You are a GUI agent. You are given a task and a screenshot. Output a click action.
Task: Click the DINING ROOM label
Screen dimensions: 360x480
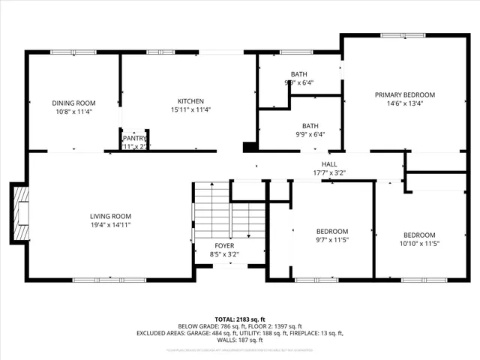click(73, 103)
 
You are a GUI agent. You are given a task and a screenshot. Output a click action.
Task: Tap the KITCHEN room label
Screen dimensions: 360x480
click(190, 101)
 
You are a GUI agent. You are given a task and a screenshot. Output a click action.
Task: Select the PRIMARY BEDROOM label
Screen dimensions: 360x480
click(404, 94)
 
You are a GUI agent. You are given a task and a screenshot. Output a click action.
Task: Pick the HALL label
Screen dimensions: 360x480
click(329, 164)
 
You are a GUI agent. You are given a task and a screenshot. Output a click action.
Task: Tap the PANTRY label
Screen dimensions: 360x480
click(135, 138)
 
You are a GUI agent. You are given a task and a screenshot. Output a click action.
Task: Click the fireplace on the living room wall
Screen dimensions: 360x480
click(20, 214)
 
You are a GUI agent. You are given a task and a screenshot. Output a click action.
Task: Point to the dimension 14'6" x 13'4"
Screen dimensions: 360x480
click(404, 103)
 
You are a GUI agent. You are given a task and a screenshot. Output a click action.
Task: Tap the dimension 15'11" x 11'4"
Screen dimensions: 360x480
click(190, 109)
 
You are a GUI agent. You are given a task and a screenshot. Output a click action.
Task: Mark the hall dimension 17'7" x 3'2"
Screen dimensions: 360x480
click(329, 173)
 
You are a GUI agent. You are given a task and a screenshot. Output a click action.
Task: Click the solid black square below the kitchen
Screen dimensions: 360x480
click(249, 147)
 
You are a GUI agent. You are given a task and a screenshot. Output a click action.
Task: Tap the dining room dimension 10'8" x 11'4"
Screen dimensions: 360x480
click(73, 112)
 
